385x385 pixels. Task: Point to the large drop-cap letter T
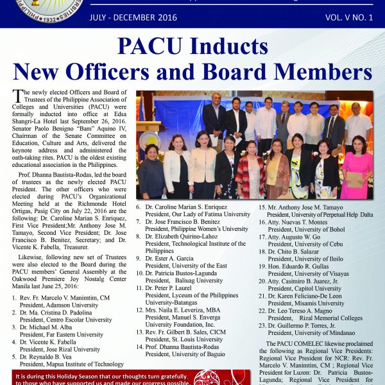pos(17,98)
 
